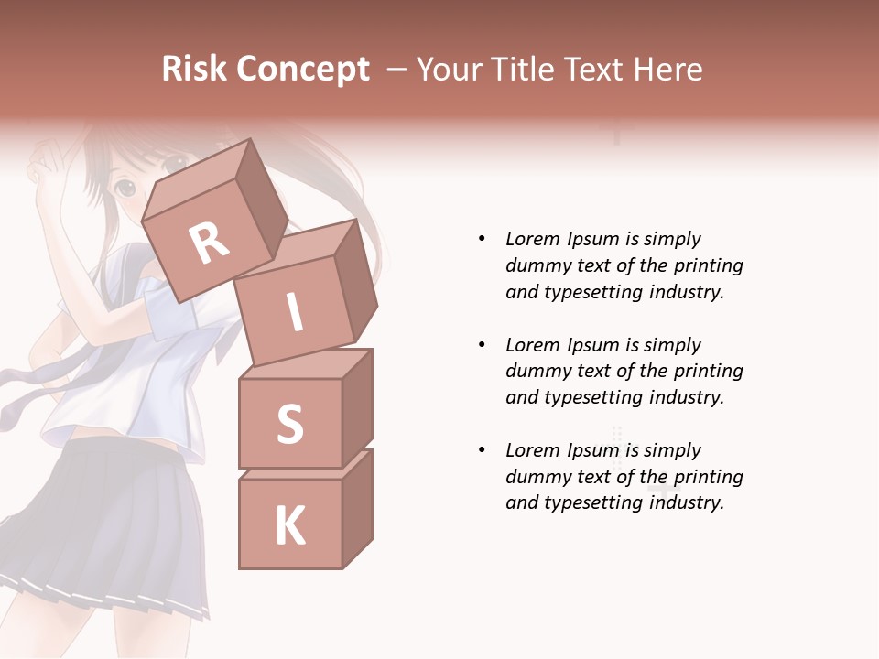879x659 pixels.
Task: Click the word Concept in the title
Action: (x=303, y=70)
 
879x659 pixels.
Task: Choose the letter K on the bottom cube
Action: (x=289, y=526)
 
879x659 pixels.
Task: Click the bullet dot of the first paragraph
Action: (x=482, y=239)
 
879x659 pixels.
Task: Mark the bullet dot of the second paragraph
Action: (x=482, y=345)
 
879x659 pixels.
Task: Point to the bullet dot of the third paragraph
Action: (x=482, y=450)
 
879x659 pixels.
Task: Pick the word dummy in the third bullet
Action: (x=536, y=477)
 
